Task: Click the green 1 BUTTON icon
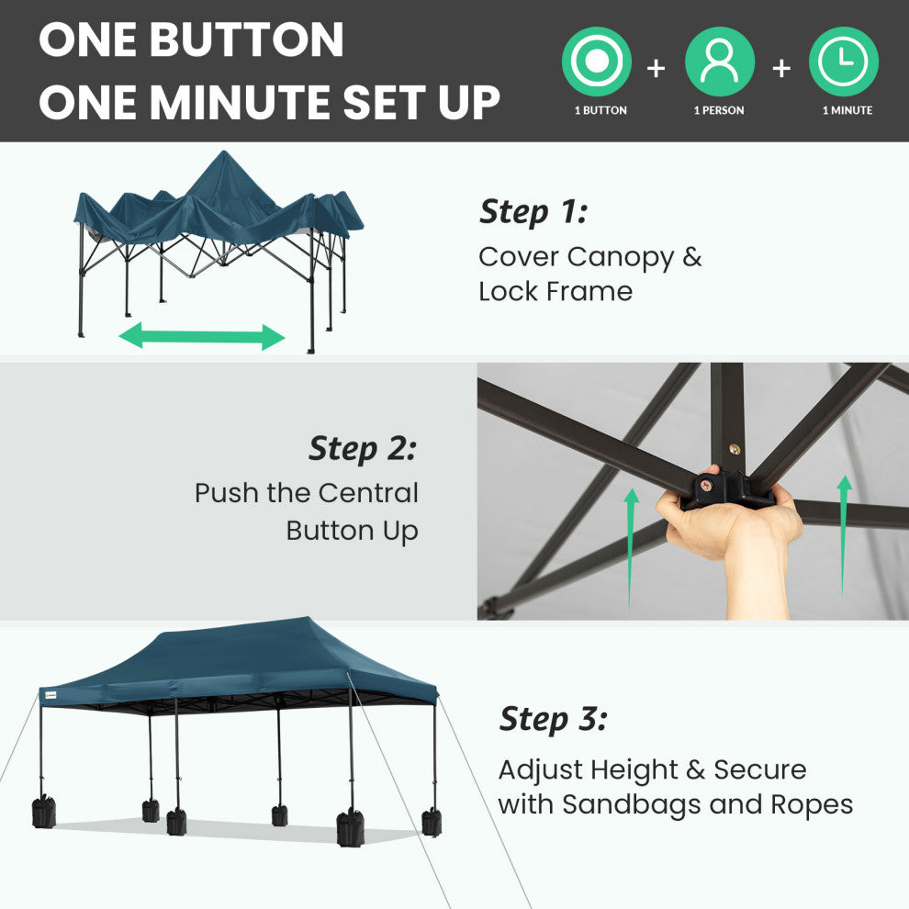pos(597,62)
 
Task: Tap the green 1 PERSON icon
pos(720,62)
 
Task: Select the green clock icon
pos(844,62)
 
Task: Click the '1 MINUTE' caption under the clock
pos(847,110)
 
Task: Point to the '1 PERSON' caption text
pos(719,110)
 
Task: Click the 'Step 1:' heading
pos(533,211)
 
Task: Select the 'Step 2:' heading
pos(363,449)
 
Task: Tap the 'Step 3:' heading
pos(554,720)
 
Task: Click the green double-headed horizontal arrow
pos(202,337)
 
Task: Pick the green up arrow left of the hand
pos(632,548)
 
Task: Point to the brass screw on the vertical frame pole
pos(735,449)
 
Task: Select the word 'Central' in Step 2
pos(368,493)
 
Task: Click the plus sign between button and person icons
pos(656,69)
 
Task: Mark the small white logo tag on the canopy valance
pos(50,695)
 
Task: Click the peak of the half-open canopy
pos(224,152)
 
